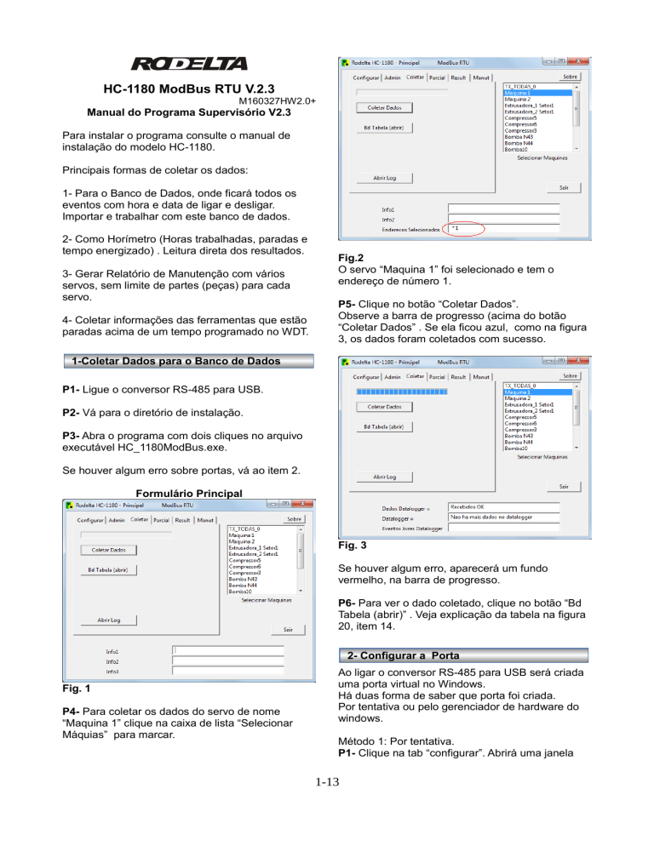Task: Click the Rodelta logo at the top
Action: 189,64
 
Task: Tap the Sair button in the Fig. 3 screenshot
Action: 564,486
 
